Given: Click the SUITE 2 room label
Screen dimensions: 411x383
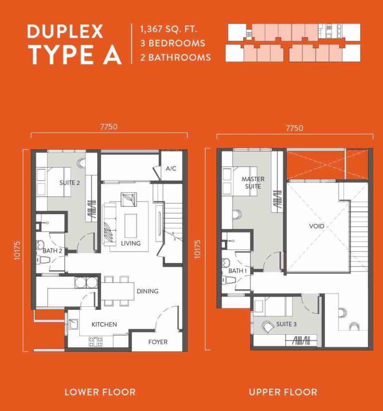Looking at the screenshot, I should pyautogui.click(x=70, y=183).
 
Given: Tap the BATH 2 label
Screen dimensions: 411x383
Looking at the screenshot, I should pyautogui.click(x=52, y=251).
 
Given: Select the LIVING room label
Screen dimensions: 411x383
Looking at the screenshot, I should pyautogui.click(x=131, y=244).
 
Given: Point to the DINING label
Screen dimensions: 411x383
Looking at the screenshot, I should pyautogui.click(x=147, y=291).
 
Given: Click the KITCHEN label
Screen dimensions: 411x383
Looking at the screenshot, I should pyautogui.click(x=104, y=324).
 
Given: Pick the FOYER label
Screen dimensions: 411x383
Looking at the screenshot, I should pyautogui.click(x=158, y=342).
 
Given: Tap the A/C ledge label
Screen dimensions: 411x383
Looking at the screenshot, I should pyautogui.click(x=171, y=169).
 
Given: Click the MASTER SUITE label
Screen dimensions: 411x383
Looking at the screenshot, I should pyautogui.click(x=253, y=182).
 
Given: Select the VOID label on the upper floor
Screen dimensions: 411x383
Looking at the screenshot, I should pyautogui.click(x=317, y=226).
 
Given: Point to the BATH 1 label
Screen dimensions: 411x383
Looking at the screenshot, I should pyautogui.click(x=238, y=271).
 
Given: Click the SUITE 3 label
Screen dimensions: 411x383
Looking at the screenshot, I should pyautogui.click(x=286, y=324).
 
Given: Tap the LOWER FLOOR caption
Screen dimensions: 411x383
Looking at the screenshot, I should pyautogui.click(x=100, y=392).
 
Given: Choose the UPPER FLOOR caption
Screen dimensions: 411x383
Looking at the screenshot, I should pyautogui.click(x=283, y=392).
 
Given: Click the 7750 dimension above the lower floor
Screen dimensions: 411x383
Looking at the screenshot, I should pyautogui.click(x=109, y=127).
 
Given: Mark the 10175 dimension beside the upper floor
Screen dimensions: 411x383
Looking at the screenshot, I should pyautogui.click(x=197, y=248).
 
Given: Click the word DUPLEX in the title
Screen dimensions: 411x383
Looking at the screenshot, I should pyautogui.click(x=65, y=31).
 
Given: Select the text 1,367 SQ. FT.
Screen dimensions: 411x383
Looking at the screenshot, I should pyautogui.click(x=169, y=29).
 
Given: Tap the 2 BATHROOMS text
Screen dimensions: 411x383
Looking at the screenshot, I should pyautogui.click(x=176, y=57).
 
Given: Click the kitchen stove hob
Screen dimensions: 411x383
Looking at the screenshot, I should pyautogui.click(x=95, y=341).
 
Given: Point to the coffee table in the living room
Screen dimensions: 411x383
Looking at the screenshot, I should pyautogui.click(x=131, y=225).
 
